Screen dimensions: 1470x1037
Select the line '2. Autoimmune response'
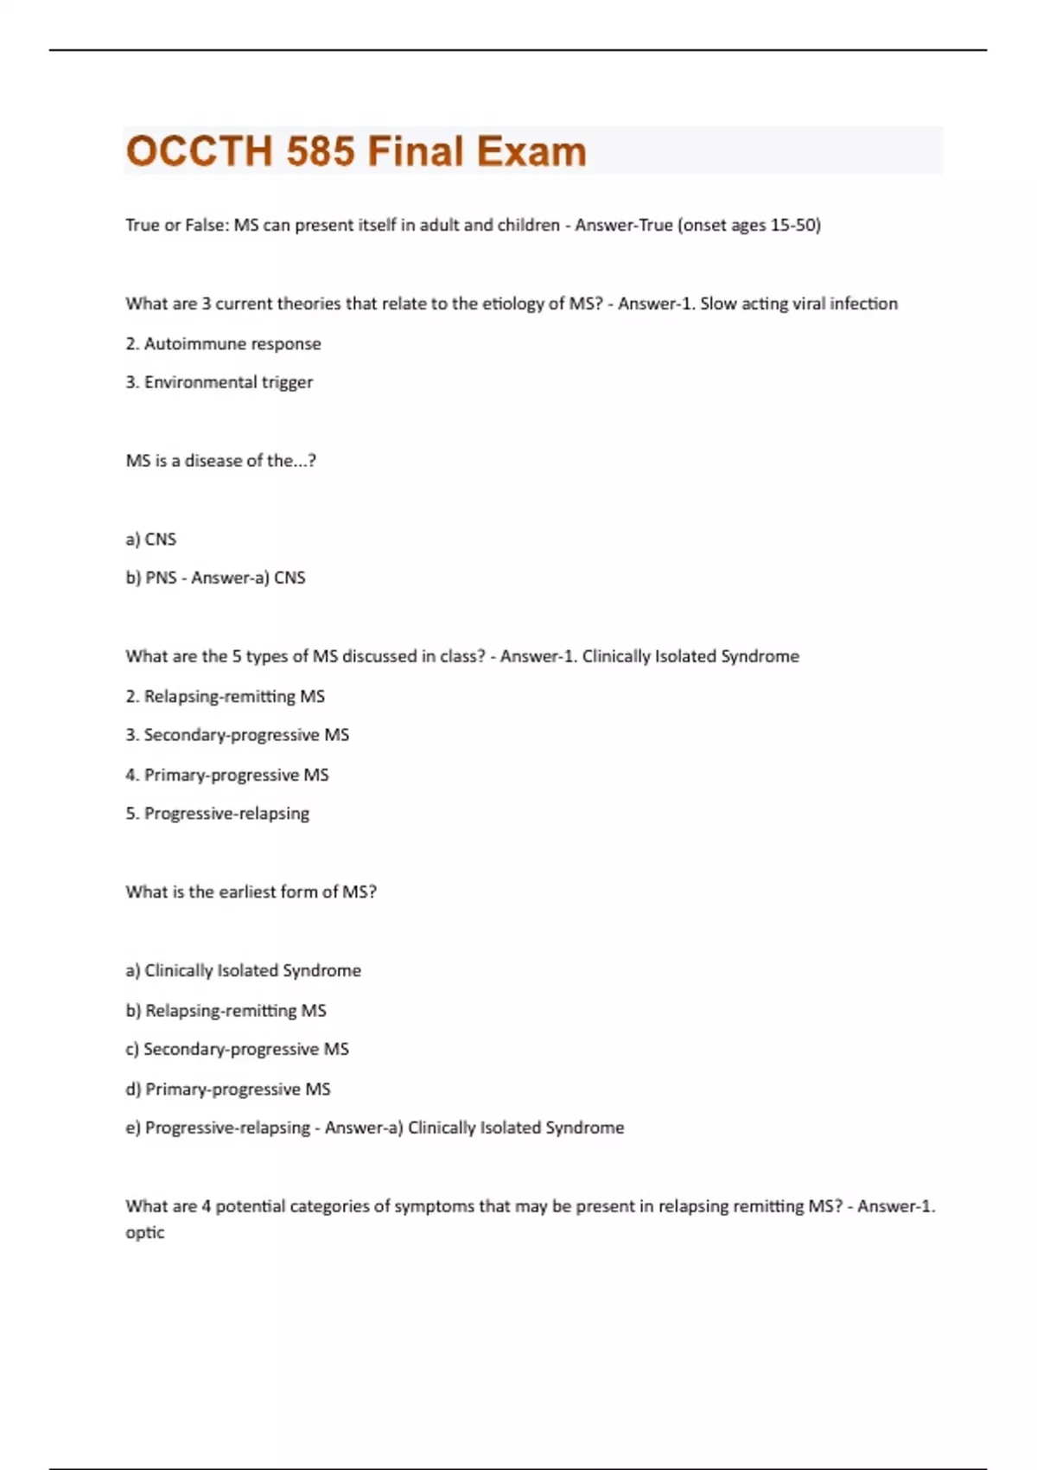(223, 344)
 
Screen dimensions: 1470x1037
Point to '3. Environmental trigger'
(219, 382)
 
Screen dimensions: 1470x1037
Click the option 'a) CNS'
(150, 540)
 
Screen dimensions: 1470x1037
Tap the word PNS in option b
(161, 578)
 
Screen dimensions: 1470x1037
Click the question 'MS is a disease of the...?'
(220, 461)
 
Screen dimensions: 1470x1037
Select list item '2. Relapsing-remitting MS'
(225, 696)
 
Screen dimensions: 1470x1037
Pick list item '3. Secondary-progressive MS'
(237, 735)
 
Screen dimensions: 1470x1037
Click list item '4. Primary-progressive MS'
(226, 775)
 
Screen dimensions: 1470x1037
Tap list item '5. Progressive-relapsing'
(217, 814)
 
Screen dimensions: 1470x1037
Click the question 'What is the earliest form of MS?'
(251, 892)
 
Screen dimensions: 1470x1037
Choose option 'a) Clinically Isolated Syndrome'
(243, 971)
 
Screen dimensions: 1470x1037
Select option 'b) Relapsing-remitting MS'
(226, 1011)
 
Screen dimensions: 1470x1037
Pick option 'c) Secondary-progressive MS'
(237, 1050)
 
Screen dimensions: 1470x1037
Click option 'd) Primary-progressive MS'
(227, 1090)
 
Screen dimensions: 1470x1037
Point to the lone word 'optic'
(144, 1232)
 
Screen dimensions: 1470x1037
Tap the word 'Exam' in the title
(531, 151)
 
